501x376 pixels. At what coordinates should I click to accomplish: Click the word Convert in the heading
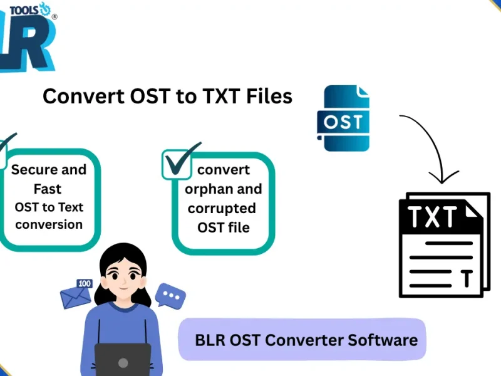[74, 96]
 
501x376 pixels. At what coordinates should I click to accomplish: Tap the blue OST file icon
[343, 119]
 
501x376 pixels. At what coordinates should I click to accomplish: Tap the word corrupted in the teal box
[222, 208]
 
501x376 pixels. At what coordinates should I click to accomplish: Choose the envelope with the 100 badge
[76, 296]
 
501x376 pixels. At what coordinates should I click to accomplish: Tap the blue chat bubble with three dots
[170, 295]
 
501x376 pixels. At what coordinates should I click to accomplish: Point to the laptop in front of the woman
[123, 360]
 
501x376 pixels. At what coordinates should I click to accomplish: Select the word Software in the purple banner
[383, 340]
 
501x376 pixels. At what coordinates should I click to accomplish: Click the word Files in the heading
[269, 96]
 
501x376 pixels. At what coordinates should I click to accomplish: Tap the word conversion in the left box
[49, 224]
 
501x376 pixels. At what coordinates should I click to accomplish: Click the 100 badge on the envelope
[85, 284]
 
